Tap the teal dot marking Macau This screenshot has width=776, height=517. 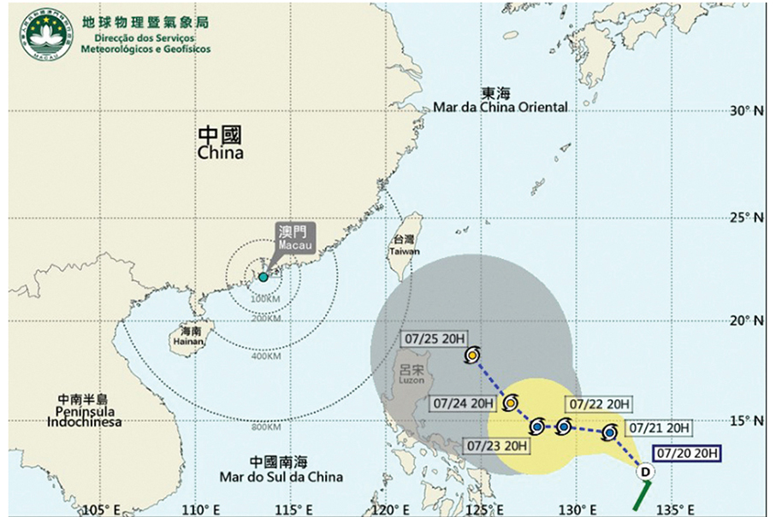click(264, 277)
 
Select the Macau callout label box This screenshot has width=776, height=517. click(294, 237)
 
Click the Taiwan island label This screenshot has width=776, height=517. click(405, 246)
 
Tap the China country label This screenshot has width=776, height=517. click(220, 143)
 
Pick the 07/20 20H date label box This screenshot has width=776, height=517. click(690, 453)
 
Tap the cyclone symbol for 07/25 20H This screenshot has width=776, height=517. click(472, 355)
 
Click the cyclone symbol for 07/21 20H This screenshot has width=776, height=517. click(609, 433)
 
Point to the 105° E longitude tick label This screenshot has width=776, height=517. click(101, 509)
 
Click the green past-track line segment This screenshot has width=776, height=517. click(643, 493)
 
